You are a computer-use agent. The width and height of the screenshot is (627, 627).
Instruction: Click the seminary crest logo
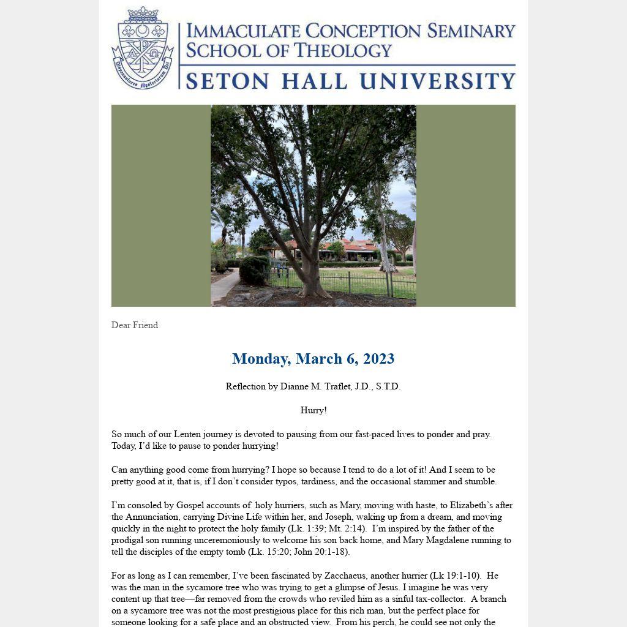tap(143, 49)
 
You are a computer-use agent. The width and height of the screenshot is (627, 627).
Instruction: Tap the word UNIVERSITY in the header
tap(437, 81)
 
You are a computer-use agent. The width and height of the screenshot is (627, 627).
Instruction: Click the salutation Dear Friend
tap(135, 325)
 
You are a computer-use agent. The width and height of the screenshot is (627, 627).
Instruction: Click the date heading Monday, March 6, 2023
tap(313, 359)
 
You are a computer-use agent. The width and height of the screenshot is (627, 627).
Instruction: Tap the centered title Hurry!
tap(313, 410)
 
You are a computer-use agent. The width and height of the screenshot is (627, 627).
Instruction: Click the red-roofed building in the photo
tap(355, 248)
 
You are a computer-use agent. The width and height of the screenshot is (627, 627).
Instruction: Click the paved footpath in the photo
tap(223, 285)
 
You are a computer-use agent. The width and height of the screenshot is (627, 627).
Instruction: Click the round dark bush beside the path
tap(253, 270)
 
